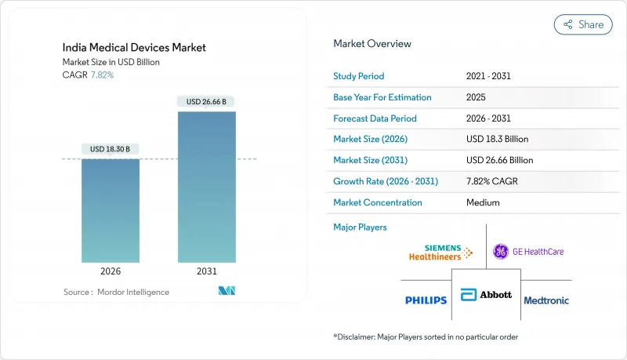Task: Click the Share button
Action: coord(583,24)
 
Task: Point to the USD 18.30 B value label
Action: coord(110,149)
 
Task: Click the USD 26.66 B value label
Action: coord(207,101)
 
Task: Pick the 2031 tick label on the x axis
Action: coord(207,272)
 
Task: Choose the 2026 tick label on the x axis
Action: coord(110,272)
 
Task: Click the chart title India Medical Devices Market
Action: coord(134,48)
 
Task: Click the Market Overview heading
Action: coord(371,44)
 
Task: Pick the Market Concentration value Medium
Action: coord(482,202)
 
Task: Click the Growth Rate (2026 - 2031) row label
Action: coord(386,181)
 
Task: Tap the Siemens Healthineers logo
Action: coord(440,251)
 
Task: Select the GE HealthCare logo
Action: coord(528,252)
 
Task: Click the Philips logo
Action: coord(426,300)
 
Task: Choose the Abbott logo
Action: coord(487,295)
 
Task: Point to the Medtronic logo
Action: coord(546,300)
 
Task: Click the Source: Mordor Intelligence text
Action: coord(116,292)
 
